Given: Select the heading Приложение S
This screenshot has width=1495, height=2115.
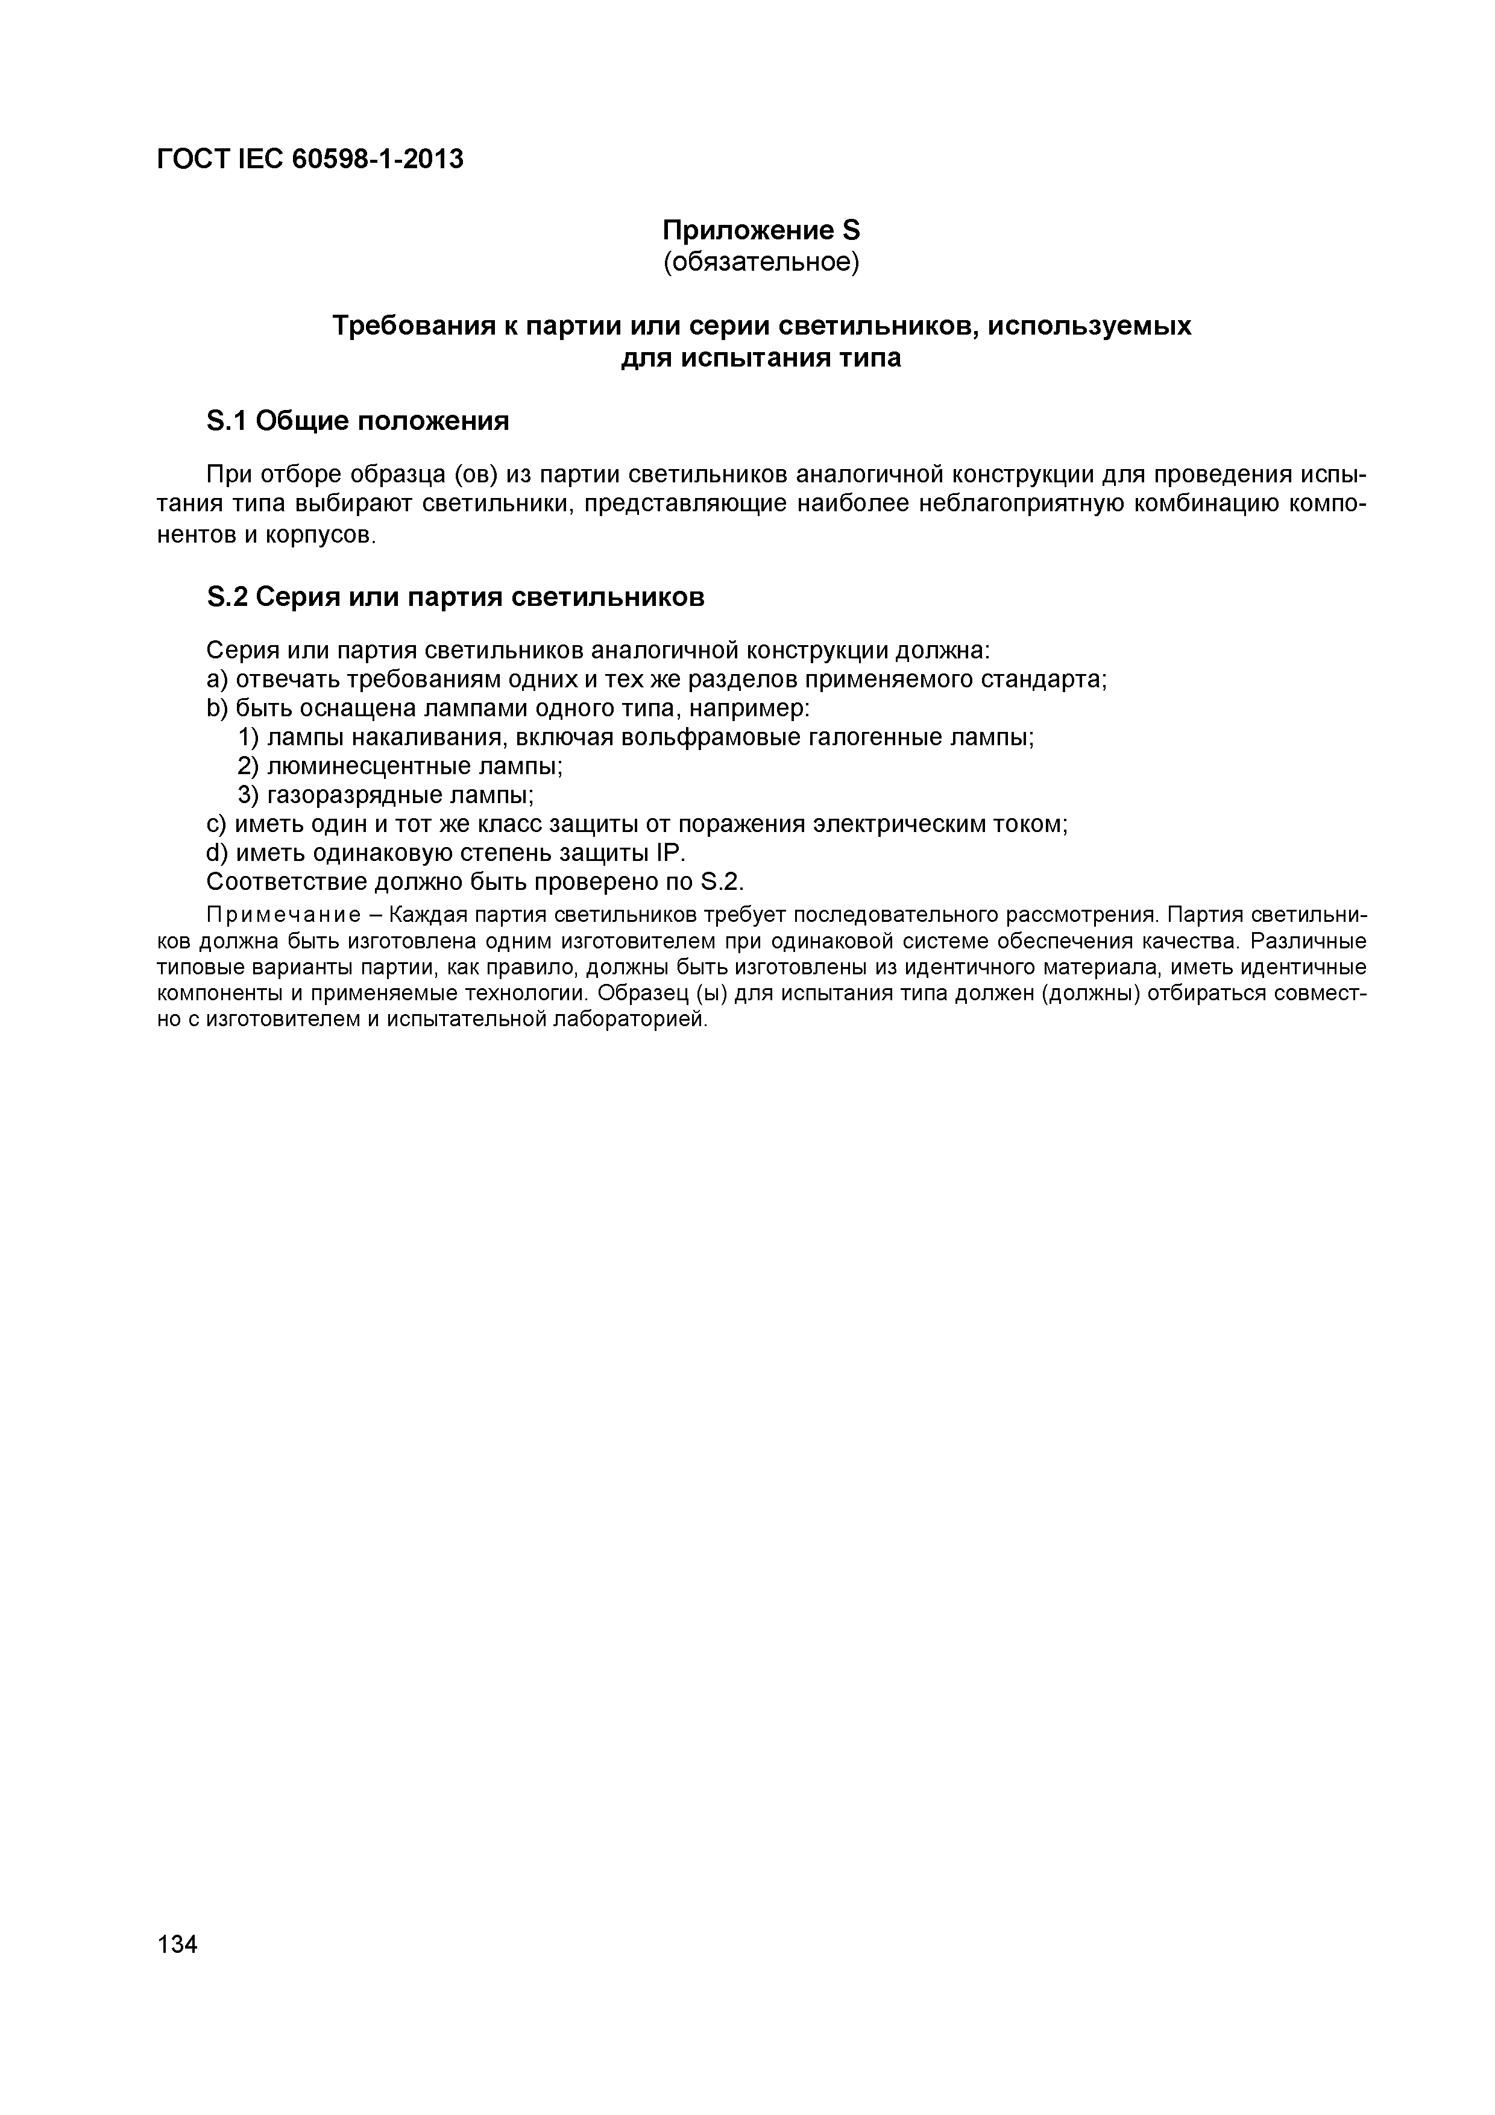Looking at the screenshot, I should pos(761,229).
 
